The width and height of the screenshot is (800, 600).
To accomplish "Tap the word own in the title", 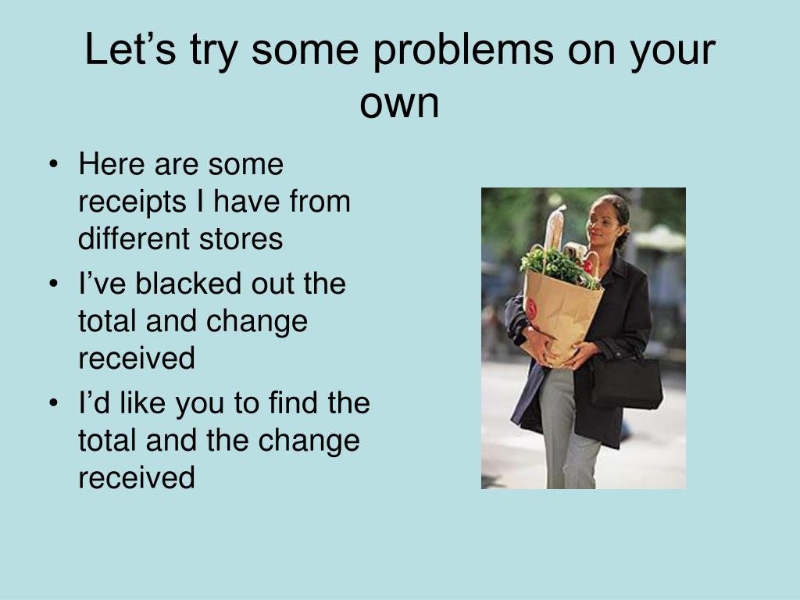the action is coord(399,104).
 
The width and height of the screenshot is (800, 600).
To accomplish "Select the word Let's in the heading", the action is coord(130,49).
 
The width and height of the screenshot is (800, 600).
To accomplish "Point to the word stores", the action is coord(241,239).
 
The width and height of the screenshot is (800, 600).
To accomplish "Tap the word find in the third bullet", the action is coord(294,402).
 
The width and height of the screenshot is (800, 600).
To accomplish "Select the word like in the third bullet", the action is coord(142,402).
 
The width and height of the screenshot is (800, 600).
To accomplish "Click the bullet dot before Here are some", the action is coord(54,166).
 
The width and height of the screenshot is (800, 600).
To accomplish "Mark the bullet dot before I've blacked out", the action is coord(54,284).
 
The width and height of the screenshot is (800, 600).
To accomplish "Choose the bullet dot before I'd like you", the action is coord(54,404).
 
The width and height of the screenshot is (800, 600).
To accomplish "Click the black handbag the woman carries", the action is coord(627,381).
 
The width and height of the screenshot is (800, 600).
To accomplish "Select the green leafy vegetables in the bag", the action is coord(557,266).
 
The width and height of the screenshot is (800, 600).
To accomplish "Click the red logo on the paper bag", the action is coord(530,308).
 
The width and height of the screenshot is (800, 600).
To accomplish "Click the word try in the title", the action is coord(213,52).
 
